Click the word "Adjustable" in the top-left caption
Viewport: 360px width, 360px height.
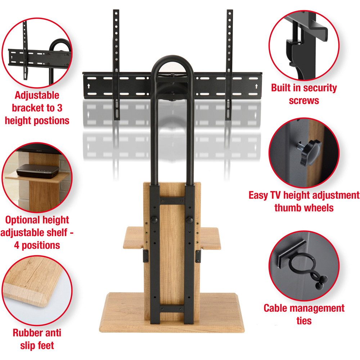pos(37,95)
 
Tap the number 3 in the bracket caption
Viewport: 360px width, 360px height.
pos(60,108)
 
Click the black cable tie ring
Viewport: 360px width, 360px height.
pos(301,264)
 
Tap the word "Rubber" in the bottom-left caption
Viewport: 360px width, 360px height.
pos(27,333)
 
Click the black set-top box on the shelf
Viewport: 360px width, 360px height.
pos(38,171)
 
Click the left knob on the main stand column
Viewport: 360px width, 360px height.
pos(154,220)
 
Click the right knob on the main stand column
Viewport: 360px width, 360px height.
pos(190,220)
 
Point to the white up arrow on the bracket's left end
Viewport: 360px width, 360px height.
pos(89,86)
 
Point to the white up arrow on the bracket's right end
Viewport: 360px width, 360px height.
pos(256,86)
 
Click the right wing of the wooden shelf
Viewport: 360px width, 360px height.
pos(210,238)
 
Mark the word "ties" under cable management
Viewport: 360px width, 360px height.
pos(304,321)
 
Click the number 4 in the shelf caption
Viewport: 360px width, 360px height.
pos(17,245)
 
